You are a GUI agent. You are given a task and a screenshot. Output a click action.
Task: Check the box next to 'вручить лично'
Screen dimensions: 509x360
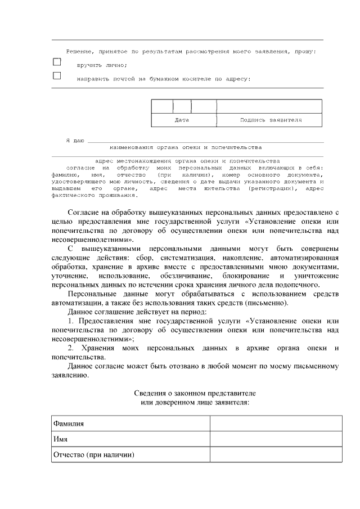57,62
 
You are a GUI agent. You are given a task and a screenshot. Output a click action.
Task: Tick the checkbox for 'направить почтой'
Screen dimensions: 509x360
57,76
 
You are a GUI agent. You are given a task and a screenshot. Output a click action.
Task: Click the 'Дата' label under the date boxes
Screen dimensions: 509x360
182,120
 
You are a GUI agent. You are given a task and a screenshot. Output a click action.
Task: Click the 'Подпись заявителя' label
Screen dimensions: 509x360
271,120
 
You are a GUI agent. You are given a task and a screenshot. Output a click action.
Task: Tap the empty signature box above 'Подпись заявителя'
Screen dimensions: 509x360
269,106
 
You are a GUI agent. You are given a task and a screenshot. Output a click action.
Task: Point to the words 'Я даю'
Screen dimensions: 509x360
75,139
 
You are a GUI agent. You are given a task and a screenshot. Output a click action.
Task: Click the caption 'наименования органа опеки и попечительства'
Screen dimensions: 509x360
186,147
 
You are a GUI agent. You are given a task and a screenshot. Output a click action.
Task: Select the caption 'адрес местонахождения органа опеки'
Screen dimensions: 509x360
187,161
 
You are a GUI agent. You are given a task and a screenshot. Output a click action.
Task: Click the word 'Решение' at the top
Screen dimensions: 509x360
77,51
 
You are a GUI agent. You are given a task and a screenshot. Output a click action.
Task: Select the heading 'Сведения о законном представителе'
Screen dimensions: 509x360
195,392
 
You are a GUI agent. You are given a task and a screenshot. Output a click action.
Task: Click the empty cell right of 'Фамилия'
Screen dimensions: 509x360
276,424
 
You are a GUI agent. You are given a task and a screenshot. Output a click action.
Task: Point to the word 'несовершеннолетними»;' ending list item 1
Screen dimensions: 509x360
92,339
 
